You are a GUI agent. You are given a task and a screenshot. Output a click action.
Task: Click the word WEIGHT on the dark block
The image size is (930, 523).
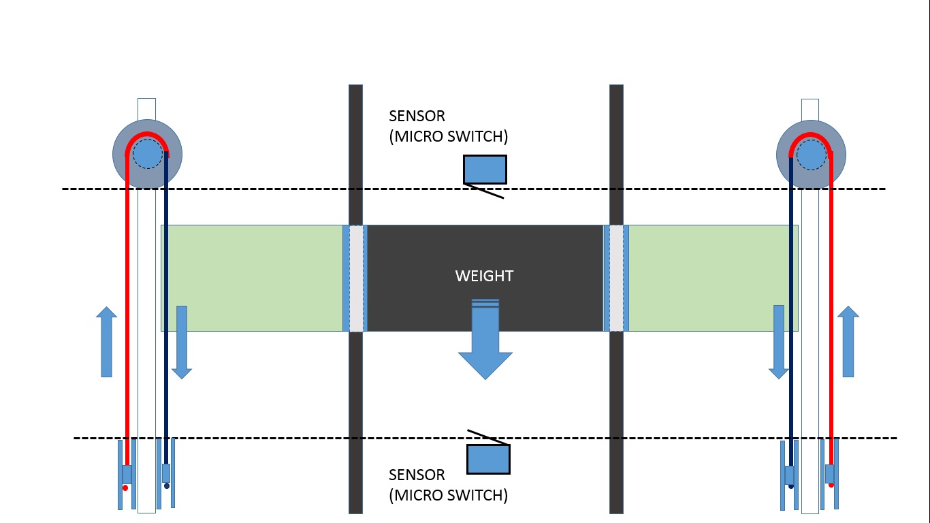point(484,276)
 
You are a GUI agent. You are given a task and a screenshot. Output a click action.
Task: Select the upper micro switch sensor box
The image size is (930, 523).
point(485,169)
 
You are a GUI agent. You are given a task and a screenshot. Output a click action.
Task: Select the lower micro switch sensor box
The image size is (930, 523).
point(488,459)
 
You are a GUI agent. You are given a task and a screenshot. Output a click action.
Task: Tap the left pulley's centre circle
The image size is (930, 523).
point(147,154)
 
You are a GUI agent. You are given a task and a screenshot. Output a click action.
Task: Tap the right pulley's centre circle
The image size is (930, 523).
point(811,155)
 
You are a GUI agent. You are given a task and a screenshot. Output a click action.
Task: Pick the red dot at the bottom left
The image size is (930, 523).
point(125,488)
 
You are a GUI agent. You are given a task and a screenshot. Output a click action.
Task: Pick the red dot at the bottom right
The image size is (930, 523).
point(831,485)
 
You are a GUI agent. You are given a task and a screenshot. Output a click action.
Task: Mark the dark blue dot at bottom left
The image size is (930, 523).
point(166,486)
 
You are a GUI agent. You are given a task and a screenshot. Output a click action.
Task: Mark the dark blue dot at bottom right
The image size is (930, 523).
point(790,486)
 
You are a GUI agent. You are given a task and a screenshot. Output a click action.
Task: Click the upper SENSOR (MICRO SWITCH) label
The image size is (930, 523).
point(448,126)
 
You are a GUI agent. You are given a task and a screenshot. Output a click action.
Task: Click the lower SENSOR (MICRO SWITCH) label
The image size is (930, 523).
point(448,485)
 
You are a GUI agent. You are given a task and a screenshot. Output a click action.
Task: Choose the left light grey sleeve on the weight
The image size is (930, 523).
point(355,278)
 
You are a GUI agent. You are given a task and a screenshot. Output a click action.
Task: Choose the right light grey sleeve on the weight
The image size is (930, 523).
point(616,278)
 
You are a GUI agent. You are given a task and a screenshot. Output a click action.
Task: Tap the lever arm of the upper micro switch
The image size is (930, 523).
point(484,191)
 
